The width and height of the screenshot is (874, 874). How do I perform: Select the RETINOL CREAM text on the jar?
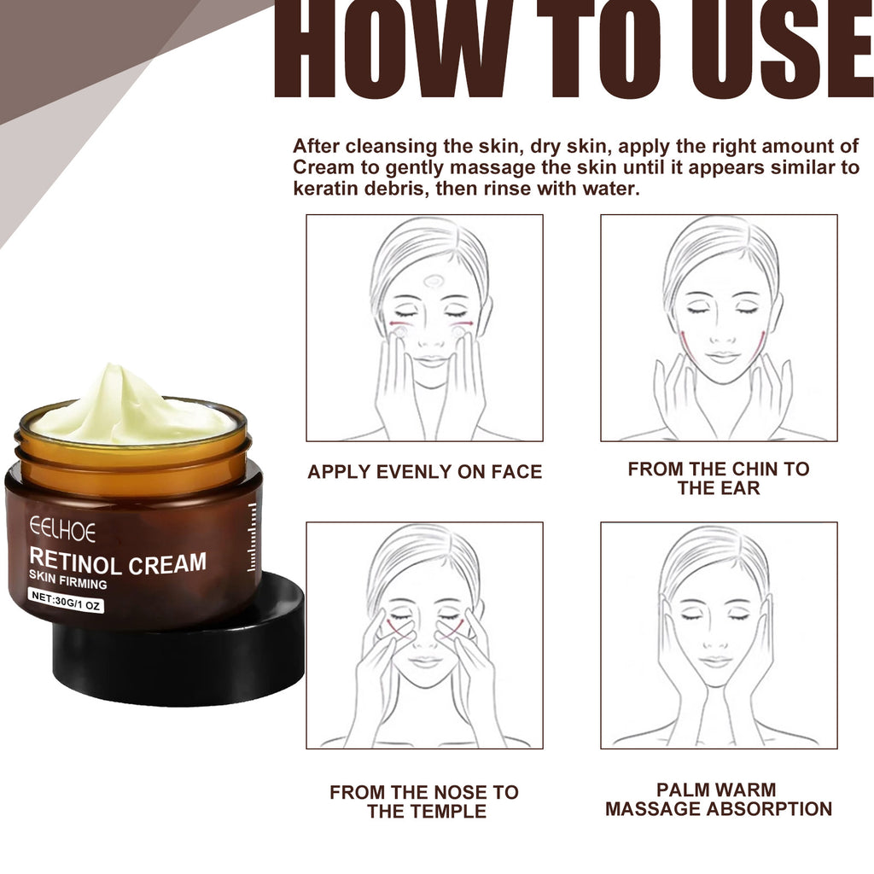[x=118, y=563]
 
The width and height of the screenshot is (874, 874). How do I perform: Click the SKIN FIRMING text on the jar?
[x=68, y=584]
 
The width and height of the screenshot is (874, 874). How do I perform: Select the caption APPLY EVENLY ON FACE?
[x=424, y=472]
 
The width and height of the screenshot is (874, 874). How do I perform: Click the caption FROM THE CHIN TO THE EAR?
[x=718, y=478]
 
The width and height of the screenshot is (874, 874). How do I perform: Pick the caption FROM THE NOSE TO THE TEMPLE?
[x=424, y=801]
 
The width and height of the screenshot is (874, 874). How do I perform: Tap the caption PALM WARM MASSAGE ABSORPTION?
[x=718, y=800]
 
